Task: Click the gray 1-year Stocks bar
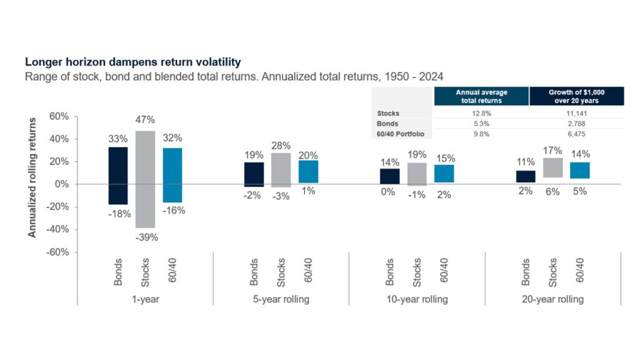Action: click(146, 179)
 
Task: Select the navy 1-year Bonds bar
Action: click(118, 176)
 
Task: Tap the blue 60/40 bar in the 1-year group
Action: click(172, 175)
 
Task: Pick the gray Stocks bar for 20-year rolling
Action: click(553, 167)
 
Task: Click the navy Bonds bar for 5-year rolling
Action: click(254, 174)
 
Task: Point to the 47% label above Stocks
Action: click(146, 119)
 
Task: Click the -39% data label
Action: click(146, 237)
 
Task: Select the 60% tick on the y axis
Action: click(59, 116)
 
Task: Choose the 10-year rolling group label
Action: click(417, 299)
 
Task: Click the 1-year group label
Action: click(145, 299)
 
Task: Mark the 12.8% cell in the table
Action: click(481, 113)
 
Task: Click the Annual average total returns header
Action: click(481, 96)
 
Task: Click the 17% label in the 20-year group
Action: click(553, 151)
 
